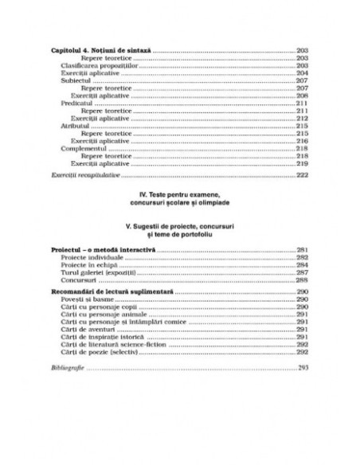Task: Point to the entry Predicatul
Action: [x=76, y=104]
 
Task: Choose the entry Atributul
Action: [x=75, y=126]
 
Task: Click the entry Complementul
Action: [x=83, y=148]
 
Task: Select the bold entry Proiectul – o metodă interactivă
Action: [x=104, y=251]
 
